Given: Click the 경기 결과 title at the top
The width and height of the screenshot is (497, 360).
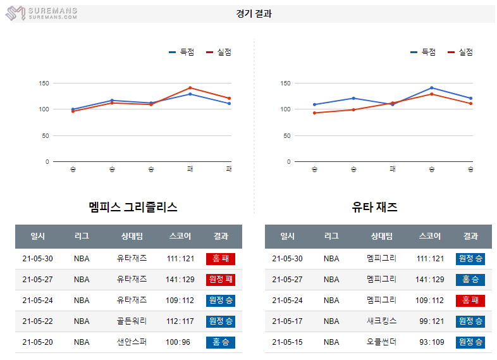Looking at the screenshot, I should click(254, 13).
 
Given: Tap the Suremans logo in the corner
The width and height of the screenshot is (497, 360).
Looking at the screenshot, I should click(42, 13).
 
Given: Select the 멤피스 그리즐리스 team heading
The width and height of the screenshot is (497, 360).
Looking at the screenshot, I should click(133, 207).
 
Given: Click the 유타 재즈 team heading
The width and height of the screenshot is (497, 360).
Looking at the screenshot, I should click(374, 207).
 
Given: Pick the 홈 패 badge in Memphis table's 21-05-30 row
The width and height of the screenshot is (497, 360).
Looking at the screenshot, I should click(220, 258).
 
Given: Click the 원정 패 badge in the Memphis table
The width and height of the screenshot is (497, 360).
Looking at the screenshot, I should click(220, 279).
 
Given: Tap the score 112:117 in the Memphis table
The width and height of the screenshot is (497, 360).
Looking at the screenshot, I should click(180, 321).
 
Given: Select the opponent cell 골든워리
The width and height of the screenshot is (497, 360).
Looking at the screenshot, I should click(132, 321).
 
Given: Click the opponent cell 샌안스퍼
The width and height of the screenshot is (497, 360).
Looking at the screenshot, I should click(132, 342).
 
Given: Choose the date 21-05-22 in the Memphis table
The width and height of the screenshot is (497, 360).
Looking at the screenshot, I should click(37, 321).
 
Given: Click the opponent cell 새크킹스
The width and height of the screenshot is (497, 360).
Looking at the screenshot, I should click(381, 321).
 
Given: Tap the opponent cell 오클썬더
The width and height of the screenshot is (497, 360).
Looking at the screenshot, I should click(381, 342).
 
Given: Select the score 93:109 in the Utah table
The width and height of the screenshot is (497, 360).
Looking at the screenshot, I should click(431, 342).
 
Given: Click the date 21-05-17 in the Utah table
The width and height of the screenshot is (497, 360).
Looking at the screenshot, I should click(287, 321).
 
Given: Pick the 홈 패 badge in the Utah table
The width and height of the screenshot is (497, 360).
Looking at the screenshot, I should click(470, 300).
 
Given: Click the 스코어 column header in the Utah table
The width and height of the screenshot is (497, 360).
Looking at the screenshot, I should click(430, 236).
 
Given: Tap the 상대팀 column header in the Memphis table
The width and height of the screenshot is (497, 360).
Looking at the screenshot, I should click(132, 236).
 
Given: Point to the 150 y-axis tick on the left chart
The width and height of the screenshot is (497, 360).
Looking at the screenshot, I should click(44, 83).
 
